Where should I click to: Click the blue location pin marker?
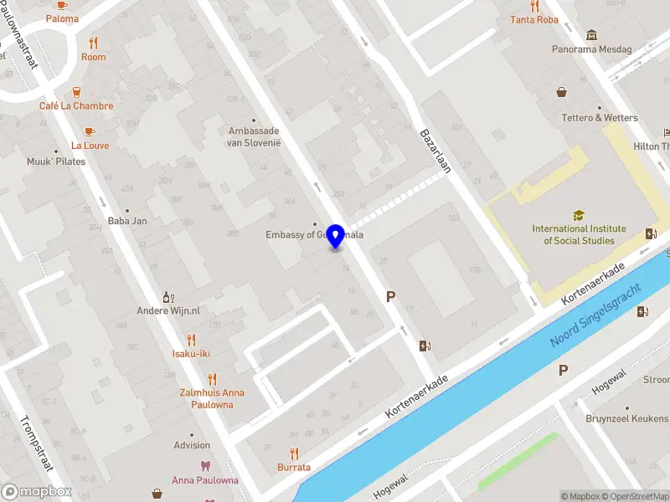337,237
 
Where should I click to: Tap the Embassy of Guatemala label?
314,235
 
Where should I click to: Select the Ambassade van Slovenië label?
254,136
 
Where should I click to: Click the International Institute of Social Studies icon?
579,215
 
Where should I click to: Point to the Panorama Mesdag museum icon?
592,35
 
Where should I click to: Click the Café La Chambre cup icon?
76,92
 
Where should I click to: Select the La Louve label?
90,146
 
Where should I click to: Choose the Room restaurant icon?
94,43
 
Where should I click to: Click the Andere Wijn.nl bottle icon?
168,296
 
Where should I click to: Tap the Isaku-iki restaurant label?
191,354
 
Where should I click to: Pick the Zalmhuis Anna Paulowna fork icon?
212,378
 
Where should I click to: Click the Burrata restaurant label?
294,468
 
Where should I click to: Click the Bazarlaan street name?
435,151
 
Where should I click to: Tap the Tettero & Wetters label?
599,118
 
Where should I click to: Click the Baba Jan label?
127,221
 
